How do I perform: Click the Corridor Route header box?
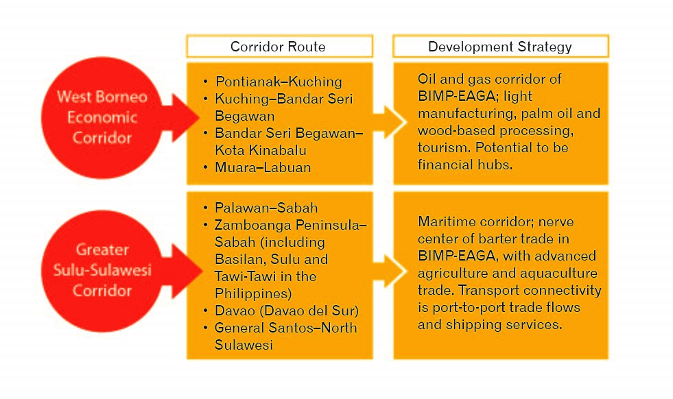point(279,47)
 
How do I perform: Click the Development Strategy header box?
point(499,47)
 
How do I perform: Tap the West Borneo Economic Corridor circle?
point(102,117)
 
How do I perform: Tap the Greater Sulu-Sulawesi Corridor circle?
point(102,270)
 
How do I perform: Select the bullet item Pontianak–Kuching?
point(278,82)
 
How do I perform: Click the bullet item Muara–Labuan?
point(263,167)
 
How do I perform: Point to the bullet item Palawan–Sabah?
point(266,208)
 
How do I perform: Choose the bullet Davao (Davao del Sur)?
point(287,311)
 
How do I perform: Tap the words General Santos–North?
point(285,328)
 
